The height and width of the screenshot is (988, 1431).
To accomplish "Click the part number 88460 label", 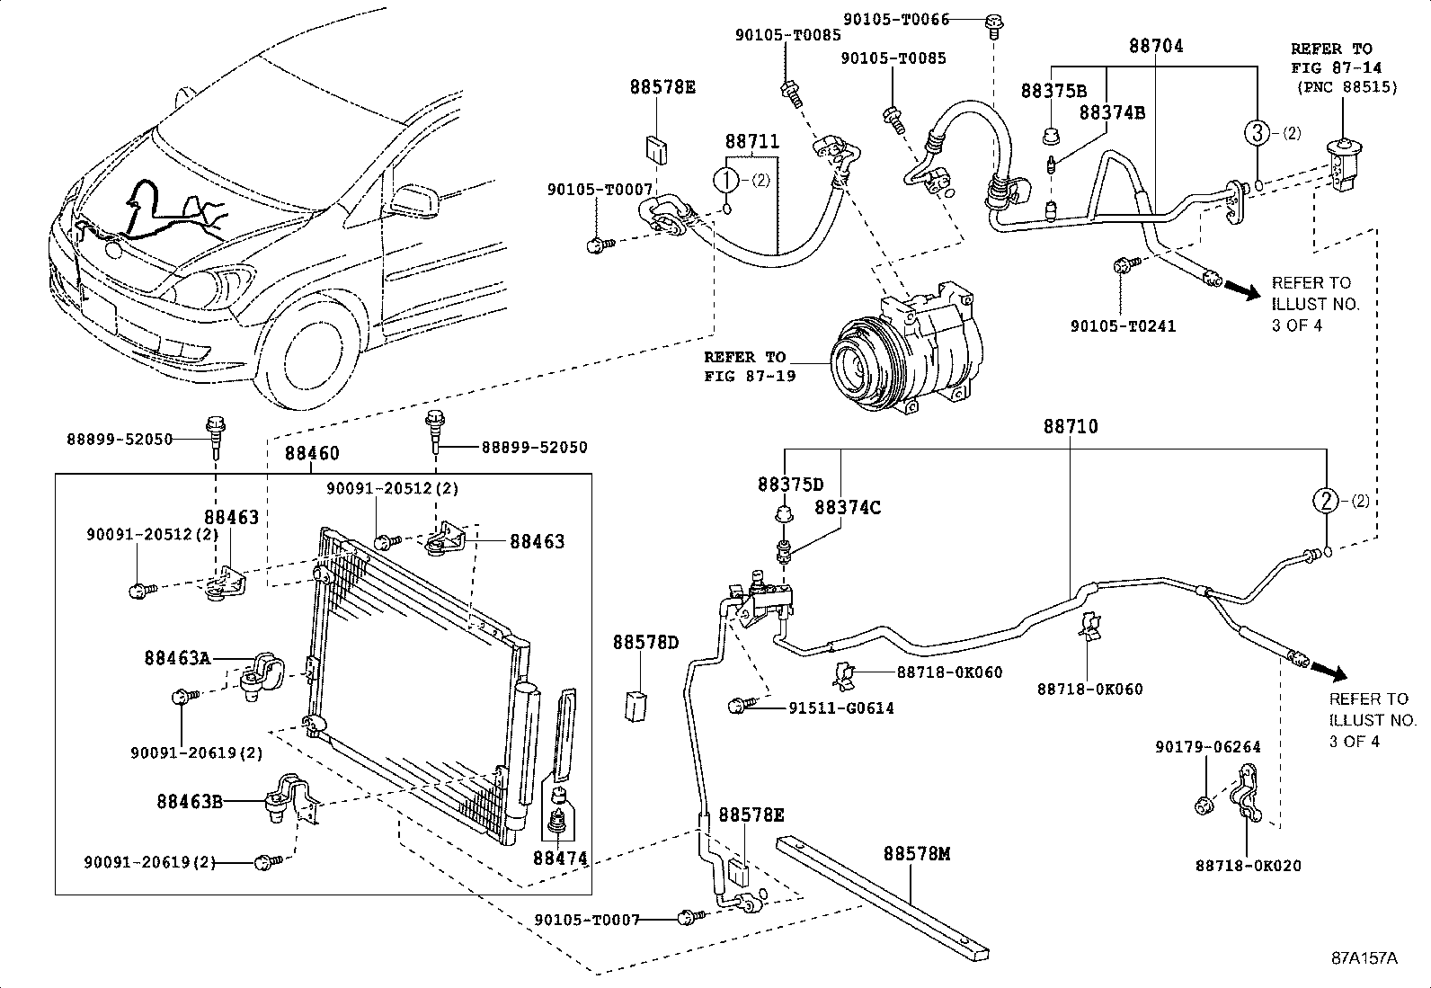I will click(313, 454).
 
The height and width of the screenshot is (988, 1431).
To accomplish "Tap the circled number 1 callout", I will click(726, 180).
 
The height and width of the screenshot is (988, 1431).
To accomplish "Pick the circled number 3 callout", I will click(1257, 133).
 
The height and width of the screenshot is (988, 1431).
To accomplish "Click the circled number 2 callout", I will click(1327, 501).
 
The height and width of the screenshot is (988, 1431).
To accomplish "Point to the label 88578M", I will click(916, 853).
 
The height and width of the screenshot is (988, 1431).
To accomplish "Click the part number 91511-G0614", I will click(840, 708).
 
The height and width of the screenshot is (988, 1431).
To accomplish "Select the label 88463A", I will click(177, 658).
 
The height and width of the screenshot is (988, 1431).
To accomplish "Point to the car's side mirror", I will click(416, 200).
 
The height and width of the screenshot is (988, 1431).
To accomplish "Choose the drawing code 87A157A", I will click(1364, 957).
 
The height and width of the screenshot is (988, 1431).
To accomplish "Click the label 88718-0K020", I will click(1248, 866).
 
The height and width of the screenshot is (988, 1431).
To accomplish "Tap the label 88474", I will click(560, 859).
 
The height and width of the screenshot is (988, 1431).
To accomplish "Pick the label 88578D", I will click(645, 643).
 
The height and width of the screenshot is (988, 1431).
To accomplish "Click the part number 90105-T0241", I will click(1122, 326).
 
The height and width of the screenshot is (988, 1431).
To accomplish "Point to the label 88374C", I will click(848, 508).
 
